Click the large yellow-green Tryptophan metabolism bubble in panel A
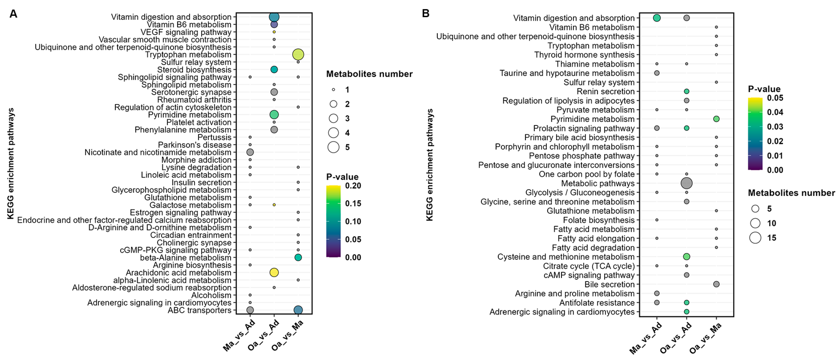[298, 54]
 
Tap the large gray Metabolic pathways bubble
[687, 183]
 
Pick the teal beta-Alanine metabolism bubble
[298, 257]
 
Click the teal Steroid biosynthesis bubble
[274, 69]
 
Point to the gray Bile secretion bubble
[716, 284]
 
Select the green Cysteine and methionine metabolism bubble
[687, 256]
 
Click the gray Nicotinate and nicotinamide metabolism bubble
[250, 152]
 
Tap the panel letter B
[426, 13]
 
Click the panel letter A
[13, 14]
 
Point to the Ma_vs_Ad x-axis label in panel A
[239, 335]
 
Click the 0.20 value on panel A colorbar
[353, 186]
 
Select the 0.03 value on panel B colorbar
[775, 127]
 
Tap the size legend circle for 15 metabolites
[755, 238]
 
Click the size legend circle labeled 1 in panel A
[333, 89]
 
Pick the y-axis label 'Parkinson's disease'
[194, 145]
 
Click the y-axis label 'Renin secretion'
[605, 92]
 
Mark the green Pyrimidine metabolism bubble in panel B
[716, 119]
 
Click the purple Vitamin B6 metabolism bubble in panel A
[274, 24]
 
